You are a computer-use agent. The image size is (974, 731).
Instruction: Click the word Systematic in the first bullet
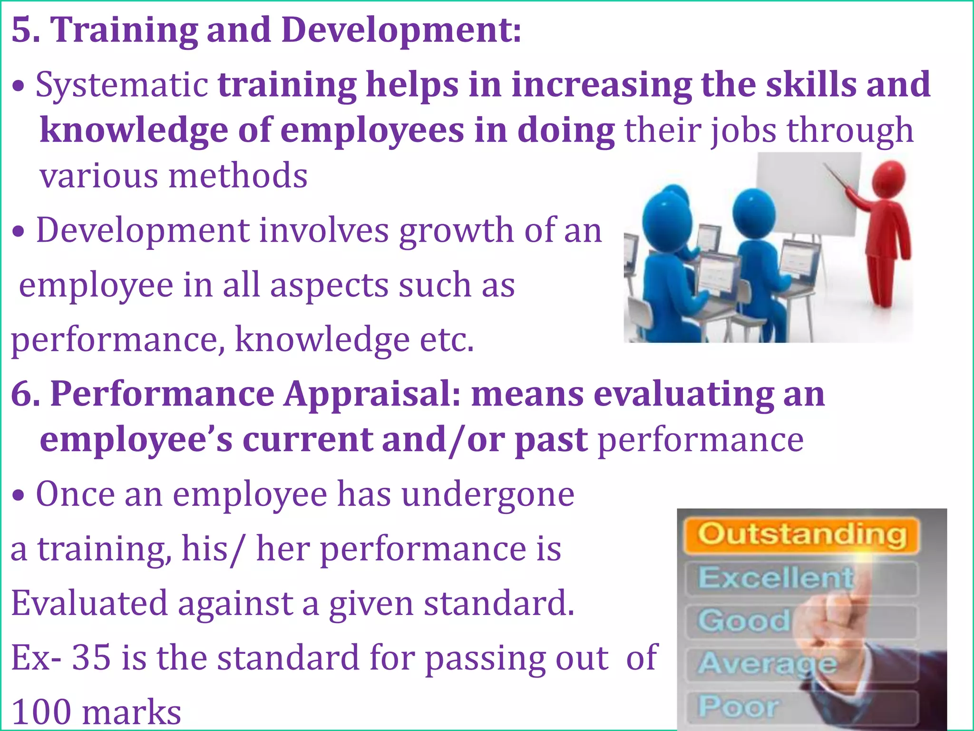tap(122, 85)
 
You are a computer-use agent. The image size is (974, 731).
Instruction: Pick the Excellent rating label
tap(775, 577)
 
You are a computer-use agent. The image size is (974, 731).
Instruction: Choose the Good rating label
tap(744, 621)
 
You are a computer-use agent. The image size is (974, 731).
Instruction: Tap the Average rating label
tap(767, 664)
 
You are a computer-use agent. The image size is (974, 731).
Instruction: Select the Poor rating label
tap(738, 707)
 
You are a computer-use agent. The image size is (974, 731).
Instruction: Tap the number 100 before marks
tap(41, 712)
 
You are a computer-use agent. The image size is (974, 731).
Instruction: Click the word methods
tap(238, 176)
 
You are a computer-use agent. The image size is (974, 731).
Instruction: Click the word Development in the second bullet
tap(143, 230)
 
